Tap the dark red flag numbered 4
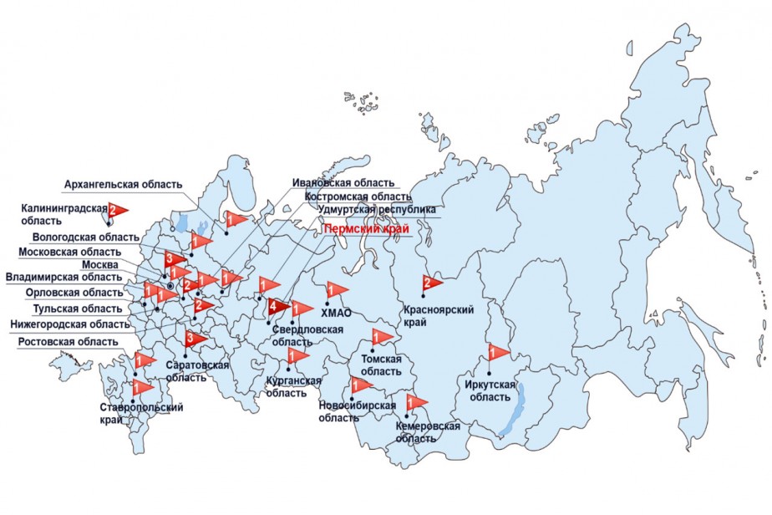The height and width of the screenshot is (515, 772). (x=275, y=308)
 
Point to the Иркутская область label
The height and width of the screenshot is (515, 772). (x=492, y=390)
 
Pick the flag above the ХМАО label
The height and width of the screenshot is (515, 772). (x=336, y=290)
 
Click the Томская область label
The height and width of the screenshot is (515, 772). (x=381, y=365)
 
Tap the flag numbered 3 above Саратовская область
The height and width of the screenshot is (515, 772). (x=193, y=338)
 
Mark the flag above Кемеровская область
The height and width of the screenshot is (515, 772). (x=415, y=402)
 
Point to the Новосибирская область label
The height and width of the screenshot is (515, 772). (x=357, y=410)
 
